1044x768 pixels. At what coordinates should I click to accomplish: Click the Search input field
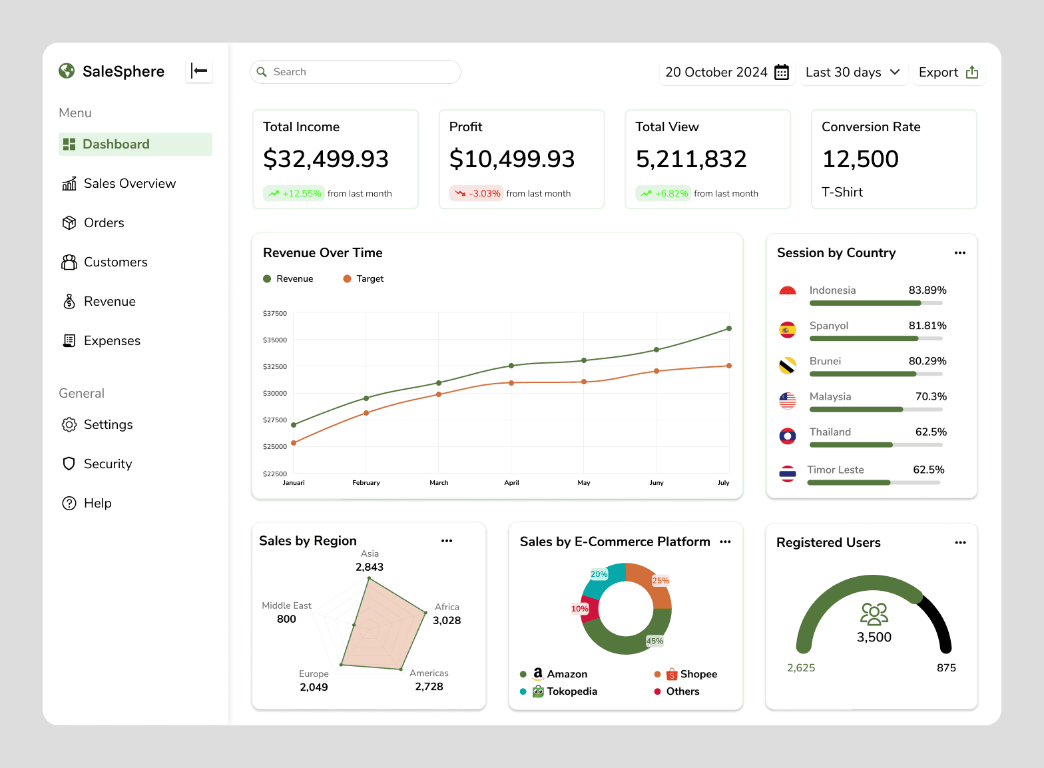355,72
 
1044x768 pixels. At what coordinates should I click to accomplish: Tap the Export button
949,73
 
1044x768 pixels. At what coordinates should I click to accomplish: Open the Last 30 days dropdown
854,73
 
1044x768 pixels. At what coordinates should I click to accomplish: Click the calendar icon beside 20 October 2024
781,73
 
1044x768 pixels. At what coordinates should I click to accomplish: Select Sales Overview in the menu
119,183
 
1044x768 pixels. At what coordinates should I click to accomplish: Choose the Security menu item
97,464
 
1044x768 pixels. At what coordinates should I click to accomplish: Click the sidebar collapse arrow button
199,71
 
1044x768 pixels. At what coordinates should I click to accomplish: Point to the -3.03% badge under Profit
476,193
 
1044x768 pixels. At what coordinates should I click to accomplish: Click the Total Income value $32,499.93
326,159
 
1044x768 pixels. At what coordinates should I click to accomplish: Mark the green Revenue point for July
729,328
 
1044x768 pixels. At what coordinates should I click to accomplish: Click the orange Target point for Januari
294,443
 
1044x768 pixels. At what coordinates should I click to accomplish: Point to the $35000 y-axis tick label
274,340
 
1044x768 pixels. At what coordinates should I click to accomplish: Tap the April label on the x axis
511,483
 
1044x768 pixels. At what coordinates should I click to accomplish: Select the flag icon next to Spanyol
788,330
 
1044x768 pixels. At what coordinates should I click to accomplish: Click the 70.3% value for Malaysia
931,396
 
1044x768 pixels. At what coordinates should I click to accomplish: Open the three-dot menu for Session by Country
959,252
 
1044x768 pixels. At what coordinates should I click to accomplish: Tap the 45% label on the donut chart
654,641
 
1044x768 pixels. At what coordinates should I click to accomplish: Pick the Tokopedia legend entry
559,691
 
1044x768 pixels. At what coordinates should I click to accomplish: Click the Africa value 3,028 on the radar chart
447,620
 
